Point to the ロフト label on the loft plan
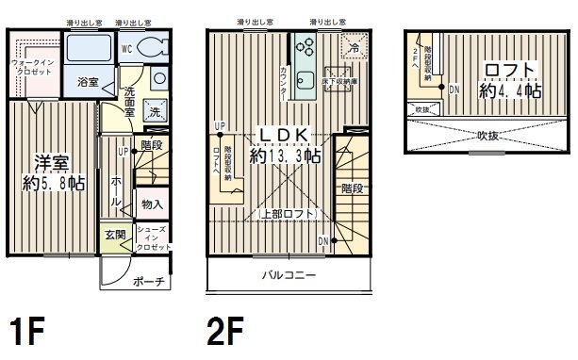[x=510, y=71]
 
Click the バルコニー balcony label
[x=289, y=275]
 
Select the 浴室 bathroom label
[x=87, y=82]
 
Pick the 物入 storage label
[x=152, y=204]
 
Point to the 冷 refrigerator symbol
[x=354, y=46]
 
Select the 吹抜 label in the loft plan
[x=487, y=135]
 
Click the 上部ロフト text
[x=288, y=213]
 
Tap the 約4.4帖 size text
[x=510, y=91]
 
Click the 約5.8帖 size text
[x=53, y=183]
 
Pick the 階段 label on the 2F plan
[x=352, y=188]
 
